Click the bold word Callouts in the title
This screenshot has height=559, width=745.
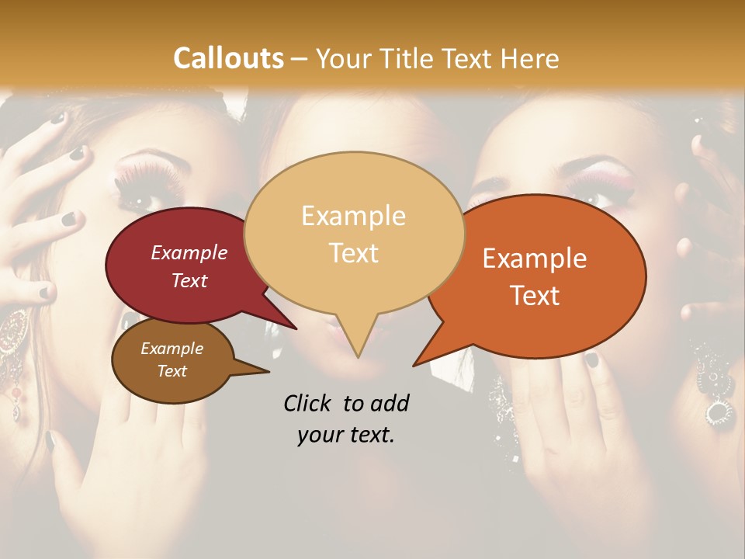click(x=228, y=58)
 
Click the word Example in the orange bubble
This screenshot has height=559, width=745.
click(x=535, y=259)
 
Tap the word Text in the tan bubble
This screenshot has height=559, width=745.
click(x=354, y=253)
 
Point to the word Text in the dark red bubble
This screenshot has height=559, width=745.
click(x=189, y=280)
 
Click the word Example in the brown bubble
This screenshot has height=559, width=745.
click(x=172, y=349)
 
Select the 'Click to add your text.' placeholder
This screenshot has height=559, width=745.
click(x=346, y=418)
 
